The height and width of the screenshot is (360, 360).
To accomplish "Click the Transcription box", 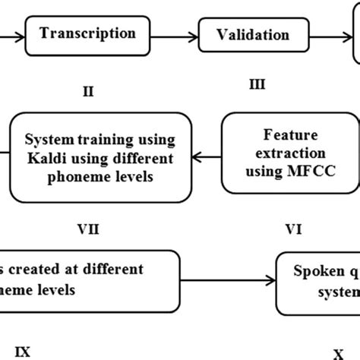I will pos(87,34).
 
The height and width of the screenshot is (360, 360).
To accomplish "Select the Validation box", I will pos(253,35).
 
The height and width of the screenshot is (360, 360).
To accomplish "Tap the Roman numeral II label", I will pos(87,91).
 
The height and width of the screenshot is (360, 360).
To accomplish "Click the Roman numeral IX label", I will pos(24,351).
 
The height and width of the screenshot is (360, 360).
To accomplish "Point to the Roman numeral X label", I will pos(337,352).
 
